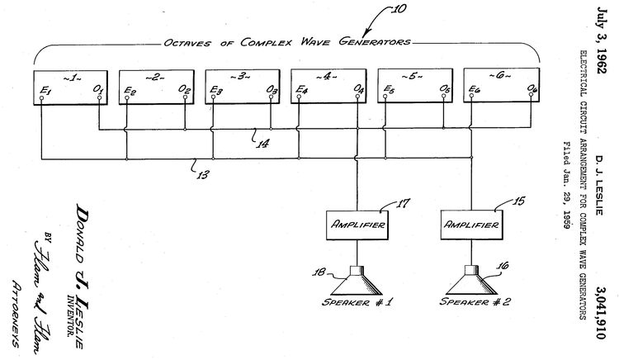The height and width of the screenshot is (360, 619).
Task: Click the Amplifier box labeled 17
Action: (357, 225)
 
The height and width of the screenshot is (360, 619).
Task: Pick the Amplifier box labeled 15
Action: (471, 225)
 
